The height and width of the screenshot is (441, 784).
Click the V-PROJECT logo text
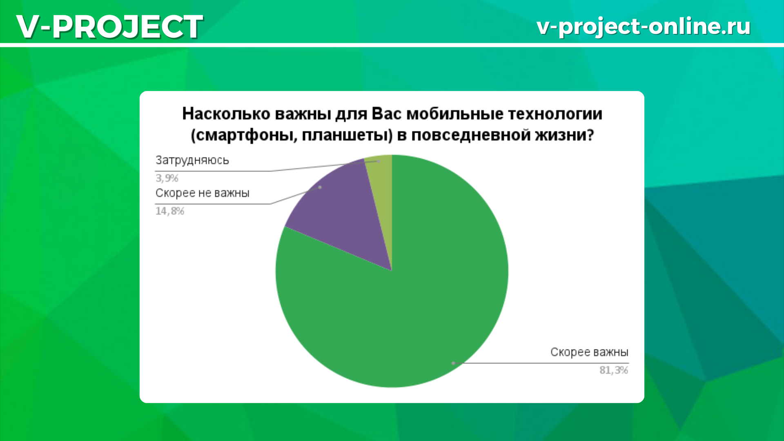pyautogui.click(x=109, y=27)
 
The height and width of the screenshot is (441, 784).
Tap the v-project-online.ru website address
pyautogui.click(x=644, y=27)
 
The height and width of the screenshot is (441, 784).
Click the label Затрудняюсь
pyautogui.click(x=192, y=160)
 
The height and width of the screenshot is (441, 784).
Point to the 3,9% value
pyautogui.click(x=167, y=178)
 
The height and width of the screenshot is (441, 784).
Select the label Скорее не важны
pyautogui.click(x=202, y=193)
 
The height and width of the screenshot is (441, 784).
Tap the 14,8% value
pyautogui.click(x=169, y=211)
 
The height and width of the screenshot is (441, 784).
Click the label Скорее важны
pyautogui.click(x=589, y=352)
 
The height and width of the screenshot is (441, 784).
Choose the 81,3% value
pyautogui.click(x=614, y=370)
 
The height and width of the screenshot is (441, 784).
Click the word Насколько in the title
pyautogui.click(x=226, y=114)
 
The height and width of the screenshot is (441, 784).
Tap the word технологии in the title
pyautogui.click(x=555, y=114)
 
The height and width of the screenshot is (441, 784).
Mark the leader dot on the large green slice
pyautogui.click(x=453, y=363)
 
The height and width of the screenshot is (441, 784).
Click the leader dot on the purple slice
pyautogui.click(x=320, y=187)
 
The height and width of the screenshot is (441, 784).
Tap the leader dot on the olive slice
pyautogui.click(x=378, y=161)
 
